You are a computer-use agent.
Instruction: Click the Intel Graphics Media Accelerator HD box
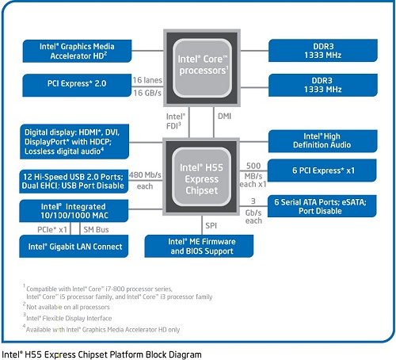[77, 51]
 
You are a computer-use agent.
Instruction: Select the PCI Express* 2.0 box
[77, 85]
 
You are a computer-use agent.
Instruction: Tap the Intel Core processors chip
[202, 68]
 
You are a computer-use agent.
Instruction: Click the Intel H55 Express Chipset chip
[201, 177]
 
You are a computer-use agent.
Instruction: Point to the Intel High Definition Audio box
[322, 141]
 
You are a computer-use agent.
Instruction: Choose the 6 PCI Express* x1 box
[322, 170]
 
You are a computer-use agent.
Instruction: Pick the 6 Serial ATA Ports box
[322, 206]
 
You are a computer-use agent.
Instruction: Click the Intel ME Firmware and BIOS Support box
[199, 246]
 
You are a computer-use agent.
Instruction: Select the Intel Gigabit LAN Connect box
[74, 246]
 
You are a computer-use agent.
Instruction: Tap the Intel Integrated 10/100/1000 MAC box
[74, 211]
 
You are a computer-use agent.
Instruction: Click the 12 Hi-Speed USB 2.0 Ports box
[74, 182]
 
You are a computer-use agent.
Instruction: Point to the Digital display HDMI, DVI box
[74, 141]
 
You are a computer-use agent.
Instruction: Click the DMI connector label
[224, 116]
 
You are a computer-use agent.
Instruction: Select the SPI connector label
[211, 226]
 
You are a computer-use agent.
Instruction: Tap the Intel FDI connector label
[176, 121]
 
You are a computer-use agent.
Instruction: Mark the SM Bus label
[96, 230]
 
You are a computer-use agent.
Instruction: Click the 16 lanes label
[147, 80]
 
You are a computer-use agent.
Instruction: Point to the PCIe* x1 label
[52, 230]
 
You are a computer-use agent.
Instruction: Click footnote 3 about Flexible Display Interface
[67, 318]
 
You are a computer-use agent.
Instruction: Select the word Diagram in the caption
[185, 354]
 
